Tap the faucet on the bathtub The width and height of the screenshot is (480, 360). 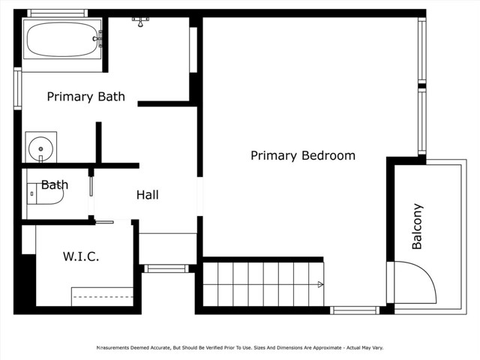[x=97, y=38]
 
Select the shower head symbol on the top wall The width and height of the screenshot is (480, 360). [x=140, y=19]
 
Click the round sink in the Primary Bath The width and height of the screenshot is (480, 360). [x=40, y=146]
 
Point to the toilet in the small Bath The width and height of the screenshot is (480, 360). [x=44, y=193]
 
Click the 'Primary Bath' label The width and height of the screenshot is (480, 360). [x=85, y=97]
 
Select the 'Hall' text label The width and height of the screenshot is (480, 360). [x=147, y=195]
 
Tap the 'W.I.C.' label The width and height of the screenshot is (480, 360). [x=80, y=256]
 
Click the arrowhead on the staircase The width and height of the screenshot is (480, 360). [x=320, y=284]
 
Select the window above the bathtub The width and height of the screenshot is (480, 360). [x=58, y=13]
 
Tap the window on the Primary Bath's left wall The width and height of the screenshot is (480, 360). [x=16, y=88]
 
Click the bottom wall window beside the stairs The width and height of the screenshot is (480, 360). [x=355, y=310]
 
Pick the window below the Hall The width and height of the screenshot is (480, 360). [x=166, y=268]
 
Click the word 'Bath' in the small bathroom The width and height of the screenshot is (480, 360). [x=55, y=184]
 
